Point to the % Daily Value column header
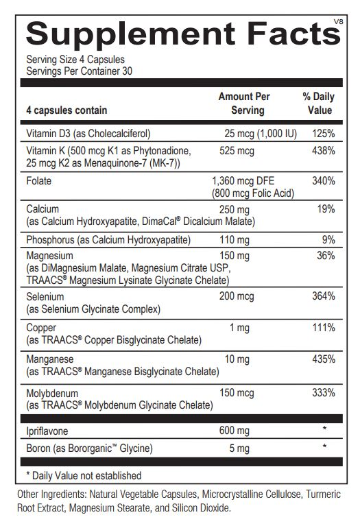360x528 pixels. [x=319, y=104]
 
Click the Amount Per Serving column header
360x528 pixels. [x=245, y=104]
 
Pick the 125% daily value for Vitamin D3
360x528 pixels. [x=323, y=133]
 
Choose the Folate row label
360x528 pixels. [x=38, y=181]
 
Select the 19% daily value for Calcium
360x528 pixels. [x=326, y=209]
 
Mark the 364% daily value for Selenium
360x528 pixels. [x=323, y=297]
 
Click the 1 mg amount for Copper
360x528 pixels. [x=239, y=328]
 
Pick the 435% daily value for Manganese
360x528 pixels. [x=323, y=359]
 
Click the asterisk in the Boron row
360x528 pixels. [x=323, y=448]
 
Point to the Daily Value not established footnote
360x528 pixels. [x=83, y=475]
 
